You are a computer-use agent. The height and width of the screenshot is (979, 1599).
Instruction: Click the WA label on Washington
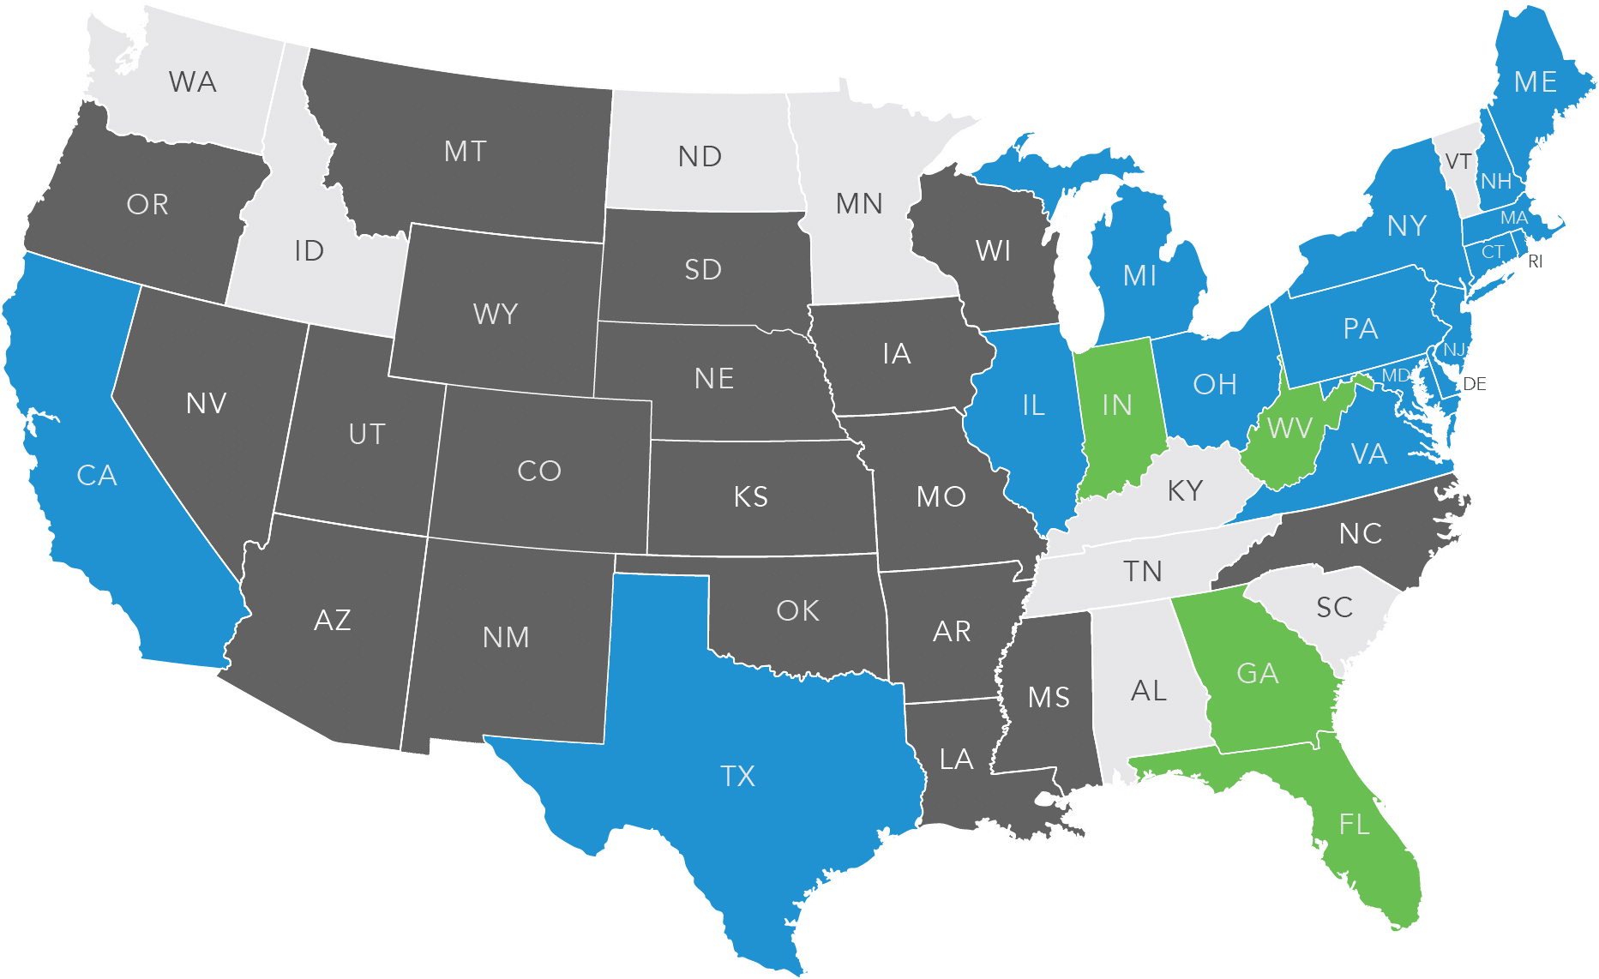click(x=193, y=82)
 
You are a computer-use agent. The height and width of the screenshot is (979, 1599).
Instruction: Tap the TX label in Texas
click(x=737, y=776)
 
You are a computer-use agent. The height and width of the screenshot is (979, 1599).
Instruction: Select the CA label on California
click(x=97, y=475)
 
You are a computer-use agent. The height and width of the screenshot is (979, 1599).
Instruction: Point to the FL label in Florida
click(x=1355, y=825)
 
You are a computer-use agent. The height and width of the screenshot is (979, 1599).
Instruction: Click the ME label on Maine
click(x=1536, y=82)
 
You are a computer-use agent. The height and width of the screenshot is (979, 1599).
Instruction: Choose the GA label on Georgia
click(x=1258, y=674)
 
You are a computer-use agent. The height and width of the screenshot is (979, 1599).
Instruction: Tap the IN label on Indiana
click(x=1117, y=405)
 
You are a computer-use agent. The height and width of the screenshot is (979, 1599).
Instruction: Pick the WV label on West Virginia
click(x=1289, y=428)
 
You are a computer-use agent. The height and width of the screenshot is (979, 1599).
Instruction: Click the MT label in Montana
click(x=466, y=152)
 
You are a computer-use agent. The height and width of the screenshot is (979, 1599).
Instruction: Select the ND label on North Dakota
click(x=700, y=157)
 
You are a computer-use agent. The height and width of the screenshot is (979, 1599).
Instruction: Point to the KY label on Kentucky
click(x=1186, y=491)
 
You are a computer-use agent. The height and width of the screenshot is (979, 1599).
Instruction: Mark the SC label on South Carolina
click(x=1335, y=608)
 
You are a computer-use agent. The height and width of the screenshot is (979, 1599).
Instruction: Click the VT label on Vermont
click(x=1458, y=161)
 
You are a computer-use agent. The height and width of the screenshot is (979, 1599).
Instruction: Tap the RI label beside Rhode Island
click(x=1536, y=261)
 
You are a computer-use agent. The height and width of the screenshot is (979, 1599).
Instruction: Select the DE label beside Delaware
click(x=1475, y=384)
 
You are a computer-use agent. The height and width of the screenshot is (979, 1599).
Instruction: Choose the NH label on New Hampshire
click(x=1496, y=182)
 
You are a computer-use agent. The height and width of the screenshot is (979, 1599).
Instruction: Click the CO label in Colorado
click(x=539, y=471)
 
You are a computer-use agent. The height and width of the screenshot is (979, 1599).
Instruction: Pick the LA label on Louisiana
click(x=957, y=759)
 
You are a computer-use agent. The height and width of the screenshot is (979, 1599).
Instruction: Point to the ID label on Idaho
click(x=310, y=251)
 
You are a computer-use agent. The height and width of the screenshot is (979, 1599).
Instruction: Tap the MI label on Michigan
click(x=1140, y=276)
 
